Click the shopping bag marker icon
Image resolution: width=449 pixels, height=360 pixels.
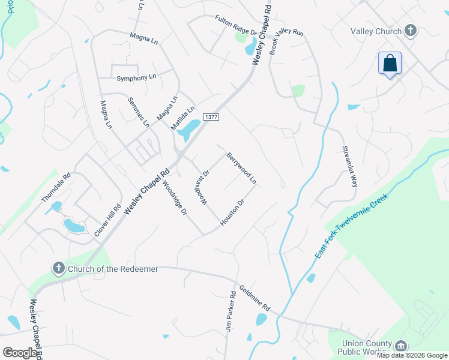390,63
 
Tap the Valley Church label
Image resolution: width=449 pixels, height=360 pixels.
376,31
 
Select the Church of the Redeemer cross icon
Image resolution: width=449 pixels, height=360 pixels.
58,268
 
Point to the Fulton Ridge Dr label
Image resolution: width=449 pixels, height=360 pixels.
236,25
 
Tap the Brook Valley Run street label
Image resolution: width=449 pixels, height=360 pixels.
286,41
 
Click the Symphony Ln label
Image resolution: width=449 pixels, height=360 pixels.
136,78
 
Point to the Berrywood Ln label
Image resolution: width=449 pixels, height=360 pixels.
241,168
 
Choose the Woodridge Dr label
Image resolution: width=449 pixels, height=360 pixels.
175,198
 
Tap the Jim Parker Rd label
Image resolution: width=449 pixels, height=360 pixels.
233,312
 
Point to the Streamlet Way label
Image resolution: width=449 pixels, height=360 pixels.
349,166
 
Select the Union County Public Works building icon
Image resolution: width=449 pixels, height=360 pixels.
400,345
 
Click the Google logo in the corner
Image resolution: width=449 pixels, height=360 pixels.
20,353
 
